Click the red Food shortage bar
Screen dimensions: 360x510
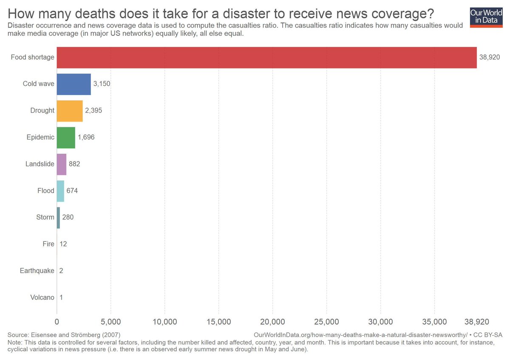click(x=266, y=57)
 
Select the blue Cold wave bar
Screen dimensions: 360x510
click(x=74, y=84)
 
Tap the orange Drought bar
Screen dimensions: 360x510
click(x=70, y=111)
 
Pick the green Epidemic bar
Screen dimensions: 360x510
click(x=66, y=138)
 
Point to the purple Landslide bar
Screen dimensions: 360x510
click(x=62, y=164)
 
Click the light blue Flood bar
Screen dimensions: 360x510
click(x=60, y=191)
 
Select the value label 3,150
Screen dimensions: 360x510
click(x=102, y=84)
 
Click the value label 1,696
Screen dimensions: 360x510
click(x=87, y=138)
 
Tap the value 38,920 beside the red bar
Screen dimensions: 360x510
click(x=490, y=57)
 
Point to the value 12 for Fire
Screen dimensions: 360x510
click(x=63, y=244)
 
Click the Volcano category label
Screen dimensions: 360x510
click(x=42, y=298)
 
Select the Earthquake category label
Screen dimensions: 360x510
click(x=37, y=271)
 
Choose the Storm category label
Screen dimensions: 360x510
click(x=45, y=218)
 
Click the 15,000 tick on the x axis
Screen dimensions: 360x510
click(x=218, y=322)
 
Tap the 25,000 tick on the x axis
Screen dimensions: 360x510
click(x=326, y=322)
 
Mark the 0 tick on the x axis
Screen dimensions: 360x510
click(x=57, y=322)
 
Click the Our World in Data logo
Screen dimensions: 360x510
click(x=486, y=17)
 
